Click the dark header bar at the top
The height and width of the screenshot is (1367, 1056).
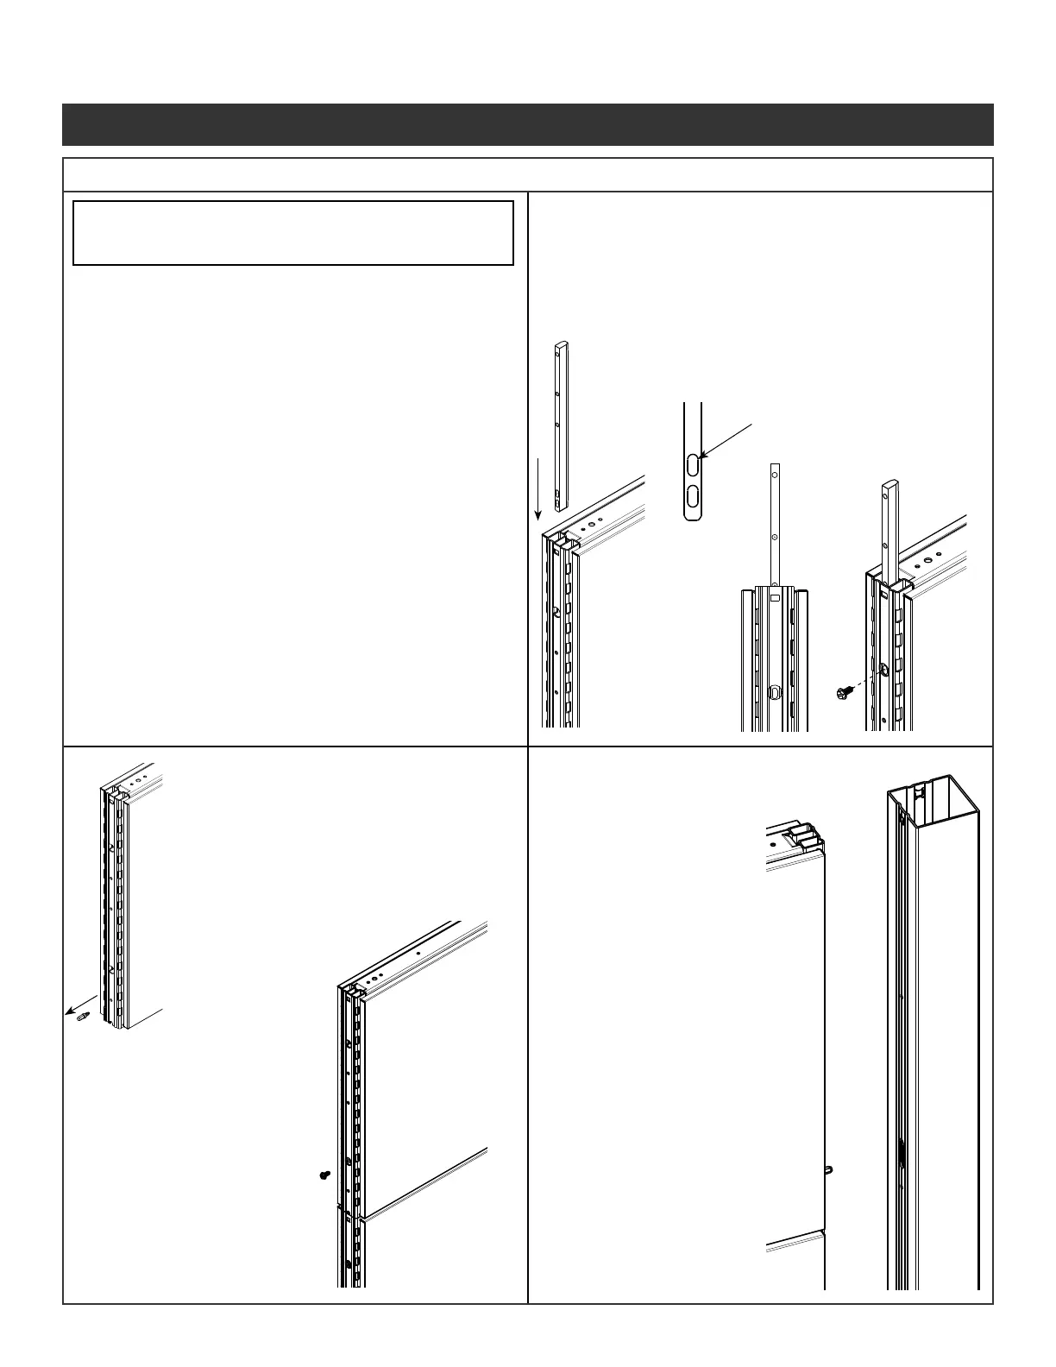tap(527, 124)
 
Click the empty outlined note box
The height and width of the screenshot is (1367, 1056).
tap(293, 233)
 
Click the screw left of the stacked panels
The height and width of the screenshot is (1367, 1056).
tap(324, 1175)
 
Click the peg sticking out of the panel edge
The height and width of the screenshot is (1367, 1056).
tap(827, 1169)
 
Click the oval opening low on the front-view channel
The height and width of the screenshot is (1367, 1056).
tap(775, 691)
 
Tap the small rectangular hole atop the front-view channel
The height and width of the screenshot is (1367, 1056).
tap(775, 596)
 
